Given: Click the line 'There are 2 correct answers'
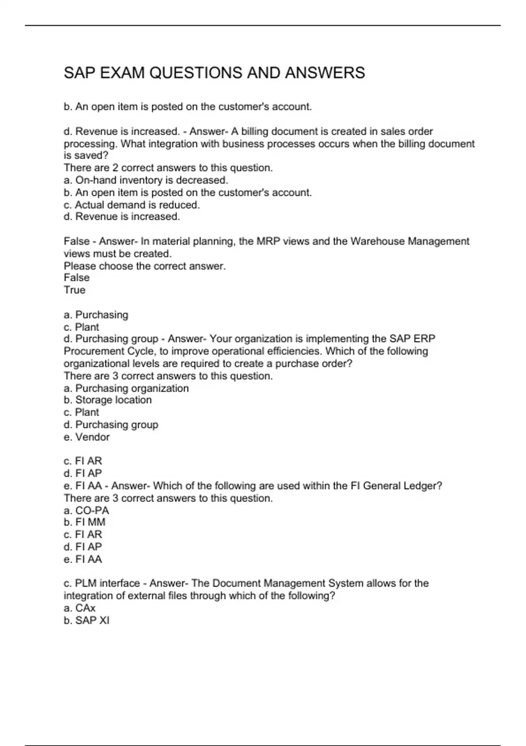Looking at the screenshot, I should pyautogui.click(x=168, y=168).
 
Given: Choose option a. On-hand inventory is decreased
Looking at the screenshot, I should pyautogui.click(x=146, y=180).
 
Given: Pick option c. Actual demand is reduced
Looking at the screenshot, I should pyautogui.click(x=132, y=204).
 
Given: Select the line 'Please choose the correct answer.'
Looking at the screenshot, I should pyautogui.click(x=145, y=266).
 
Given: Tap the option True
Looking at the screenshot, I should pyautogui.click(x=75, y=290).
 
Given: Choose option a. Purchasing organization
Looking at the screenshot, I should pyautogui.click(x=126, y=388).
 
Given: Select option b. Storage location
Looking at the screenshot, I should pyautogui.click(x=108, y=400).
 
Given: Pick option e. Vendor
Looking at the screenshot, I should pyautogui.click(x=87, y=437).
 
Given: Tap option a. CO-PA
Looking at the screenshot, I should pyautogui.click(x=86, y=510).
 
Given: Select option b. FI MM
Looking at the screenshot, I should pyautogui.click(x=85, y=522).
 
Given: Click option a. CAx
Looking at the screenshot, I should pyautogui.click(x=80, y=608).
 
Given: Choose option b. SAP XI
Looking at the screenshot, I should pyautogui.click(x=86, y=620).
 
